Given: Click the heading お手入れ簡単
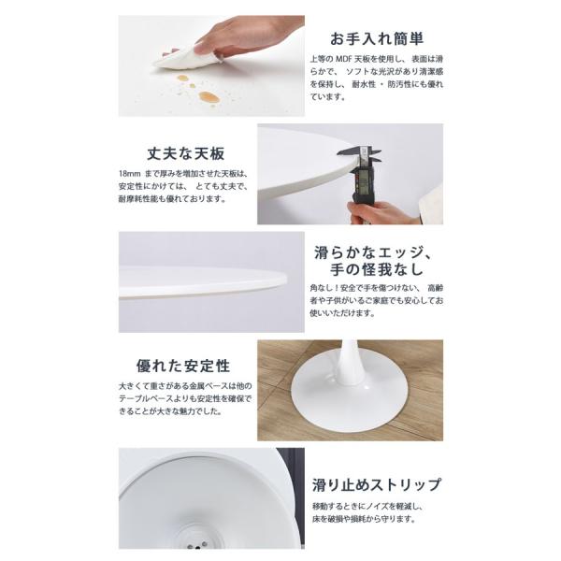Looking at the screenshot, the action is [377, 38].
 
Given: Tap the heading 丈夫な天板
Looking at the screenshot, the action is [186, 154].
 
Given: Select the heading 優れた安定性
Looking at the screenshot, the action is [183, 366].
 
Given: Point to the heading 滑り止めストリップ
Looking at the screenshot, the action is [377, 484].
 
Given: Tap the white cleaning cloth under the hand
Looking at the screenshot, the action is [186, 59].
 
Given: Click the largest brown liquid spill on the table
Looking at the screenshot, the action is [209, 96].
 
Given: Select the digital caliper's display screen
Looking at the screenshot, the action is [363, 181].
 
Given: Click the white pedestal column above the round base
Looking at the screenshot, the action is [350, 361].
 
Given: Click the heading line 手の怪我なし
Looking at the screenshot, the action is [377, 270].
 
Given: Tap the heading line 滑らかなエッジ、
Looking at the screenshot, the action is [373, 252].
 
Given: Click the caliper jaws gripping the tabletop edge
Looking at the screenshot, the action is [360, 154].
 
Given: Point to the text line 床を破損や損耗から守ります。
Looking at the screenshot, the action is [364, 519].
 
